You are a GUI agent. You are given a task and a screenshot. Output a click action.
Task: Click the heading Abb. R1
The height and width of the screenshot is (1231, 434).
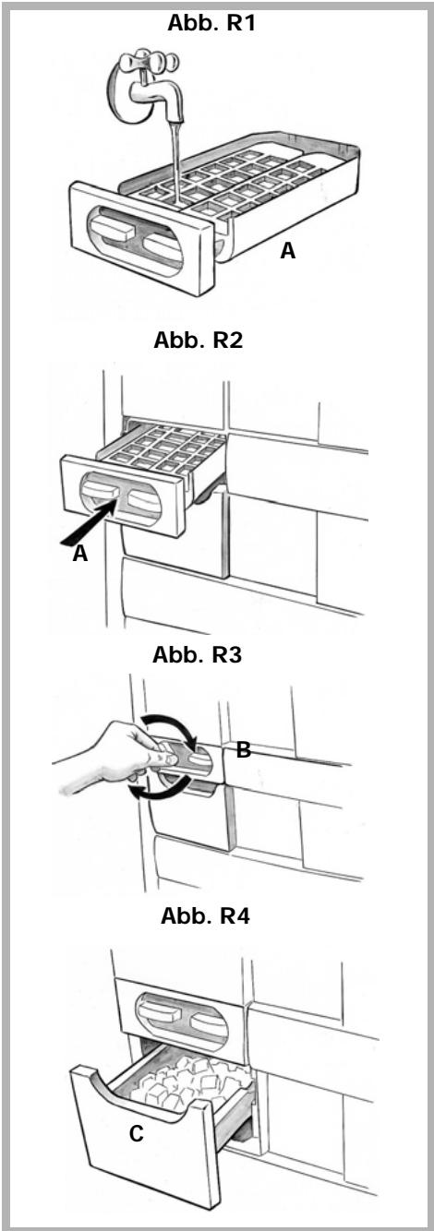click(211, 24)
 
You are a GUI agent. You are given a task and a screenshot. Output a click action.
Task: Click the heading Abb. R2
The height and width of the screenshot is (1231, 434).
click(199, 341)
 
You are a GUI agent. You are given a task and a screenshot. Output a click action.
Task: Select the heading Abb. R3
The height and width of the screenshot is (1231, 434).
click(198, 655)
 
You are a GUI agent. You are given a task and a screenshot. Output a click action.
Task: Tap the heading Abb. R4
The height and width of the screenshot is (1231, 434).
click(206, 916)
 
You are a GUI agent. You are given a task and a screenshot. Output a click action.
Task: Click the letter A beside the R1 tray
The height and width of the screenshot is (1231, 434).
click(288, 251)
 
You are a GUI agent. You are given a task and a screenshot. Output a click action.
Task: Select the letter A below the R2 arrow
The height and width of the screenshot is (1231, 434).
click(80, 554)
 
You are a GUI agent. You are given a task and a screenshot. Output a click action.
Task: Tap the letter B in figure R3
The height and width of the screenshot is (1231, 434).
click(244, 749)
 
